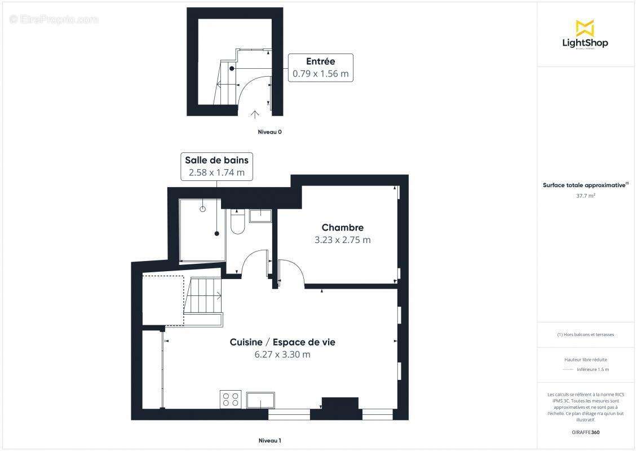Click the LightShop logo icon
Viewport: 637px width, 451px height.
(585, 28)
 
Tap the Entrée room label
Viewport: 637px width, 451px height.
(320, 61)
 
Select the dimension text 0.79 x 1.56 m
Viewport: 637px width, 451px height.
(320, 74)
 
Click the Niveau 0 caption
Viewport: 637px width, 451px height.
(269, 132)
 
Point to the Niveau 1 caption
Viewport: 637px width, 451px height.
(269, 441)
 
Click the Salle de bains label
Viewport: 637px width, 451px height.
(216, 160)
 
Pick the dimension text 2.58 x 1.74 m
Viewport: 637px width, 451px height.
(216, 173)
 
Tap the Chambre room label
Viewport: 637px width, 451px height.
(342, 228)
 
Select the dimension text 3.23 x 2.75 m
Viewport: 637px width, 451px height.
(342, 240)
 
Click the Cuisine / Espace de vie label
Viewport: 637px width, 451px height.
(282, 342)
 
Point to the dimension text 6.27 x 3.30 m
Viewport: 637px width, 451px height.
(282, 355)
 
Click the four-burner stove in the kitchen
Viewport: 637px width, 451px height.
(231, 399)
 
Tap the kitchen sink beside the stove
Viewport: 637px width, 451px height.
(260, 400)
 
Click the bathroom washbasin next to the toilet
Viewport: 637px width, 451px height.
(260, 215)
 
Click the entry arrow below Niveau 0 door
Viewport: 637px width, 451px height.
(254, 114)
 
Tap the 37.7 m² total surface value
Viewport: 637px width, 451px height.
(585, 196)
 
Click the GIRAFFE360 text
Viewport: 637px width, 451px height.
(586, 432)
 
